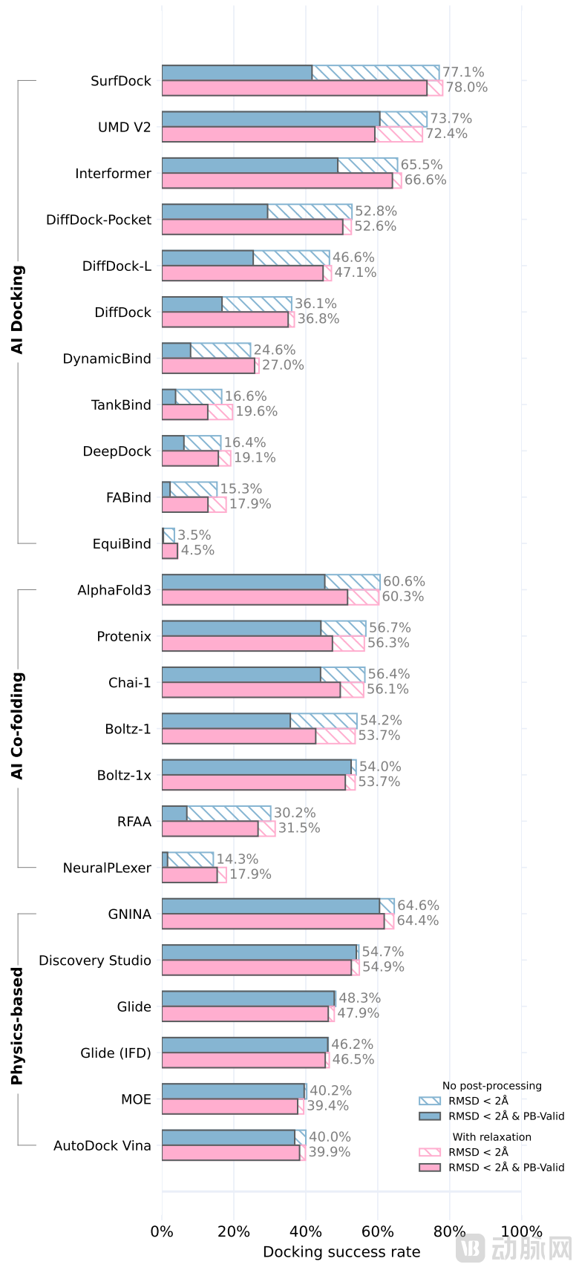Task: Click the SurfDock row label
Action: tap(120, 81)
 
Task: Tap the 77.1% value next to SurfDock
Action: tap(463, 72)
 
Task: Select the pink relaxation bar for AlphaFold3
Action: tap(255, 597)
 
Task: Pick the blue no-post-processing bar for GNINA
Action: tap(271, 906)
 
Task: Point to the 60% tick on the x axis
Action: tap(377, 1231)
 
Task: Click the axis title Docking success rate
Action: tap(341, 1252)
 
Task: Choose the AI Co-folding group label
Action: tap(17, 726)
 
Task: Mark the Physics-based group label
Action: tap(17, 1026)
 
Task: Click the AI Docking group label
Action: tap(17, 310)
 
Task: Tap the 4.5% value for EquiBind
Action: tap(197, 550)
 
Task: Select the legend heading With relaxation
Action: tap(491, 1137)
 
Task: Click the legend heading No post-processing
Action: tap(491, 1086)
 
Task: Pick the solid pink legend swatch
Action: tap(430, 1168)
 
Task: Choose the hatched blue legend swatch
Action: tap(430, 1101)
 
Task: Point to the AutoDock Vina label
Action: tap(102, 1146)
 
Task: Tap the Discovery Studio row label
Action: tap(94, 960)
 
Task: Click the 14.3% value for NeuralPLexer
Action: tap(237, 859)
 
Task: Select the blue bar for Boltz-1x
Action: tap(256, 767)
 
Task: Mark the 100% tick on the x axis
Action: tap(521, 1231)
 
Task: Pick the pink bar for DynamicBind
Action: tap(208, 365)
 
